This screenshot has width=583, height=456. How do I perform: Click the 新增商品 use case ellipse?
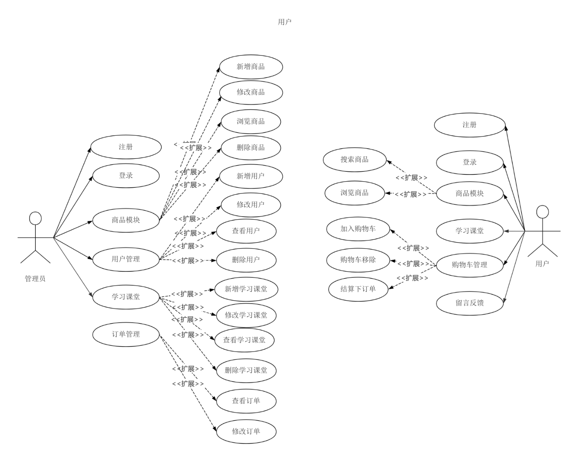[251, 67]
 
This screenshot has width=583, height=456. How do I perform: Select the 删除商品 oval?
[251, 147]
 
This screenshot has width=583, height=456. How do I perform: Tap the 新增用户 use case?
[251, 176]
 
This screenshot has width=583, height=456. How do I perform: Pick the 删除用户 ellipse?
[246, 260]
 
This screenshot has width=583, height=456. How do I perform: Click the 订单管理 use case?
[126, 334]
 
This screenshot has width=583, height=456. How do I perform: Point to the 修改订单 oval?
[246, 431]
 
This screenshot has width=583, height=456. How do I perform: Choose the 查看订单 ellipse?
[246, 401]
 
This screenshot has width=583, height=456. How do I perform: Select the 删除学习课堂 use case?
[246, 370]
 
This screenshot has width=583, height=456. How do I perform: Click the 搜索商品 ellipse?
[355, 160]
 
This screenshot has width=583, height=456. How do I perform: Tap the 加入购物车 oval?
[358, 229]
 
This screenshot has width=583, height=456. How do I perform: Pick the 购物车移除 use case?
[358, 260]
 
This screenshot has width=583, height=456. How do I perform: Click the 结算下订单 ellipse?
[358, 289]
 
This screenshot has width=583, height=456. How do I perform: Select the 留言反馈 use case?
[470, 303]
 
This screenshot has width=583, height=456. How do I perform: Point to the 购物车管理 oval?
[470, 265]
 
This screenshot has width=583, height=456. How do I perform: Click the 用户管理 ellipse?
[126, 259]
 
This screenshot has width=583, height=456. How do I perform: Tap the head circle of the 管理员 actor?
[35, 218]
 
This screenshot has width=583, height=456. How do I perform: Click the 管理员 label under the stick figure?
[35, 279]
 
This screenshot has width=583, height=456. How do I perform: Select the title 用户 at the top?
[285, 22]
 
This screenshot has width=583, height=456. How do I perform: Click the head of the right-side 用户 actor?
[542, 212]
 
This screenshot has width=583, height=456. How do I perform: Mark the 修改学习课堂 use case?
[246, 315]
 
